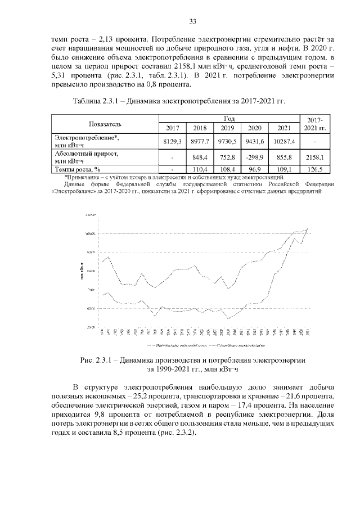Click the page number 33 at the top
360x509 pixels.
[x=192, y=21]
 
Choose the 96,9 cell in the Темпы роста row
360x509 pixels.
[x=255, y=168]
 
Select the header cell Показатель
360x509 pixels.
[x=105, y=123]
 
